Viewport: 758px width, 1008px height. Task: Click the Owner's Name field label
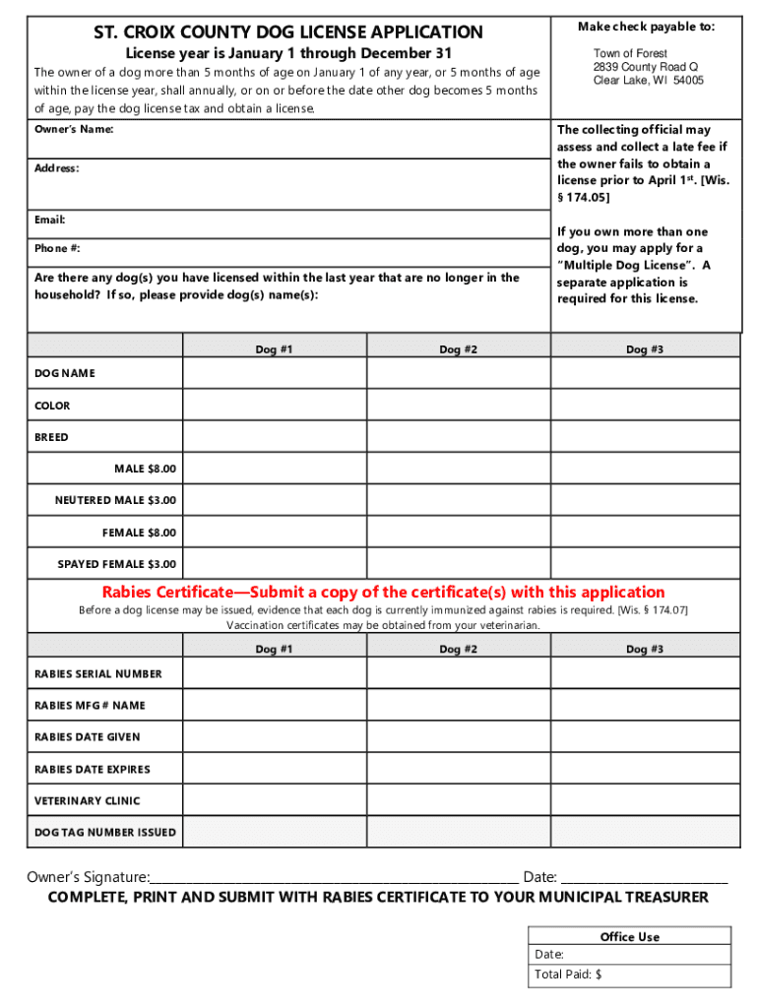coord(74,129)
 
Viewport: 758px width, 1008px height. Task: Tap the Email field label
coord(49,220)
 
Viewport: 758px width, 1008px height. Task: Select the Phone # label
coord(57,248)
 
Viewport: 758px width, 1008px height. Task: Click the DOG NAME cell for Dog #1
coord(275,374)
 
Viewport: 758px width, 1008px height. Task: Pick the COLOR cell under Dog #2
coord(458,406)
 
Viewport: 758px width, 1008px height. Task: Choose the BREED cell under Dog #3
coord(645,437)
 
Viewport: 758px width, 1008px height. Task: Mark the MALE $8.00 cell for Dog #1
coord(275,469)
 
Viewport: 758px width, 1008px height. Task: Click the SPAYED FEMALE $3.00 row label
coord(116,564)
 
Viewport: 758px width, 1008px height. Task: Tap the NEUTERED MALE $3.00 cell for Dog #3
coord(645,500)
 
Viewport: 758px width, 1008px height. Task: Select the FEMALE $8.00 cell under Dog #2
coord(458,533)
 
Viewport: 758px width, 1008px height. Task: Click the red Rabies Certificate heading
coord(384,592)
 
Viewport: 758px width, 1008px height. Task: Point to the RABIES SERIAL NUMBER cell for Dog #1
coord(275,673)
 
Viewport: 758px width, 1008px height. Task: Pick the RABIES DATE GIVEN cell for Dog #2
coord(458,736)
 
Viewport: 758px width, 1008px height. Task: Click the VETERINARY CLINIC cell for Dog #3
coord(645,800)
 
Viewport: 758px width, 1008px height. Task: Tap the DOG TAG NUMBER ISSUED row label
coord(105,832)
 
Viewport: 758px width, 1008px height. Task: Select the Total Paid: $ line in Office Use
coord(630,975)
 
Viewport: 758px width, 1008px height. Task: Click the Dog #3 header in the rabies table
coord(645,649)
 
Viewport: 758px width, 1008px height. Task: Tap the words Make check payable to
coord(646,27)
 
